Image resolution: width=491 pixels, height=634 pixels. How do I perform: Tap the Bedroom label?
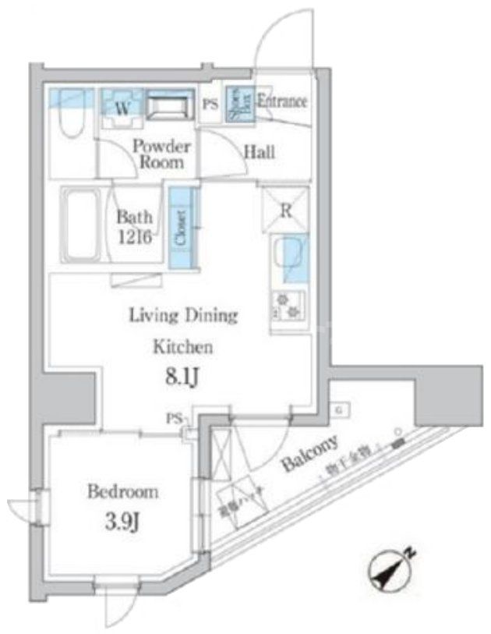coord(122,492)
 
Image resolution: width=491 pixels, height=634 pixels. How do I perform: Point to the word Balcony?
coord(309,455)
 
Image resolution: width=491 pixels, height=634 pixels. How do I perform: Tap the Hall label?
coord(259,153)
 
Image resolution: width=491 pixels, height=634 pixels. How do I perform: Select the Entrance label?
coord(281,101)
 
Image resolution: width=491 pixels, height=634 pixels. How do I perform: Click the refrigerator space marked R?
coord(286,209)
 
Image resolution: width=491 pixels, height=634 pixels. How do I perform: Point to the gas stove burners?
coord(289,304)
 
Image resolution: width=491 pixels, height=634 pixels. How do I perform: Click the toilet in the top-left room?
coord(68,117)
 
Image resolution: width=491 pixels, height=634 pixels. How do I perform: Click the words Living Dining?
coord(182,316)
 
